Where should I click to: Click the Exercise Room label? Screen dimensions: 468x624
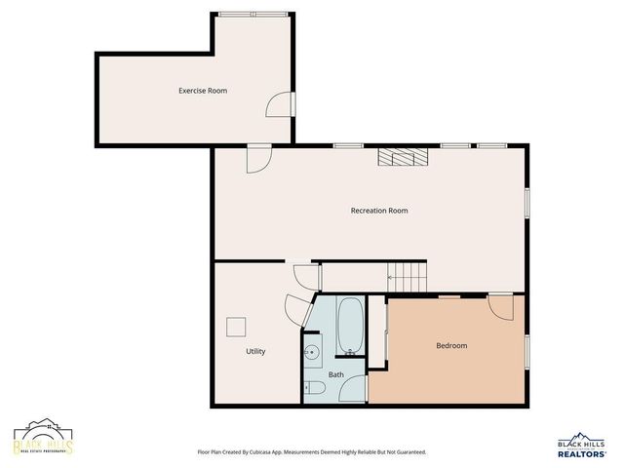click(203, 91)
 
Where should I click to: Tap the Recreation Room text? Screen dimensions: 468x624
click(379, 211)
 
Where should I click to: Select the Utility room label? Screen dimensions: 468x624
click(255, 351)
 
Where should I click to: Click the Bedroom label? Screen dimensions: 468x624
click(450, 346)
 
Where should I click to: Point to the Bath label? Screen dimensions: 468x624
click(335, 374)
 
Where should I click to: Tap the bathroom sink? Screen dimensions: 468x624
click(313, 352)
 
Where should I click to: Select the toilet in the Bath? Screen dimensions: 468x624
click(314, 388)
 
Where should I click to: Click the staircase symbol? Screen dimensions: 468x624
click(408, 276)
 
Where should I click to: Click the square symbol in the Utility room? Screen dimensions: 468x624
click(236, 327)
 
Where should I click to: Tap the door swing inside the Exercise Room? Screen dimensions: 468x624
click(280, 104)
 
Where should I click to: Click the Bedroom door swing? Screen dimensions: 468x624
click(500, 307)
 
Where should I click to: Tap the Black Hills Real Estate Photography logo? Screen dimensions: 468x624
click(43, 441)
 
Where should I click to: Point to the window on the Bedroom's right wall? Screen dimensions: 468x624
click(527, 349)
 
